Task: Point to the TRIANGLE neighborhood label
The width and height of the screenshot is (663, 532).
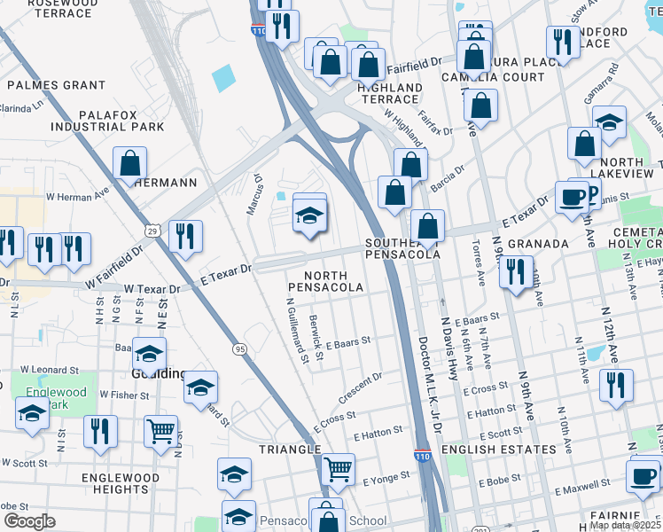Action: (289, 450)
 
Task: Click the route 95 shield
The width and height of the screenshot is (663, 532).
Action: (240, 349)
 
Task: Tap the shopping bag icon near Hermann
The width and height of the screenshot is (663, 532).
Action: (129, 162)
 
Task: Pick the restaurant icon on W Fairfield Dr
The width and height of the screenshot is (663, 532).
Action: (185, 236)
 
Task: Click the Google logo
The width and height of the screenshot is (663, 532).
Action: (29, 521)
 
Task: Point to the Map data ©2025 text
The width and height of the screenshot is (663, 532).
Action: (625, 525)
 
